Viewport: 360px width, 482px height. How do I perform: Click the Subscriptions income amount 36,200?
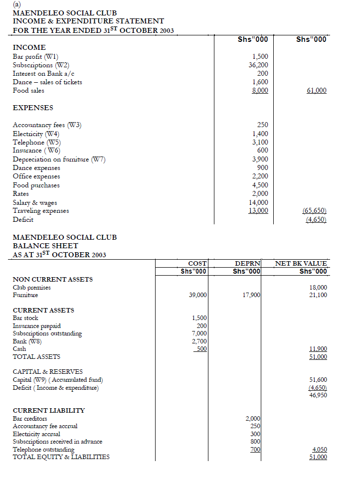[x=258, y=65]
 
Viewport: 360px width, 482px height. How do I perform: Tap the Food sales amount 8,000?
[x=259, y=91]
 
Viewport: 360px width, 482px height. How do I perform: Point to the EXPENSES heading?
[x=33, y=108]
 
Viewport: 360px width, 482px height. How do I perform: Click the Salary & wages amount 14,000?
[x=258, y=202]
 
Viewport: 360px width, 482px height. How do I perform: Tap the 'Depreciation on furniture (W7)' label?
[x=59, y=160]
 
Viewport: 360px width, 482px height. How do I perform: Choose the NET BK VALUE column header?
[x=301, y=263]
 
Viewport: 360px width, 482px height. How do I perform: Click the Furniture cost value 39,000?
[x=198, y=296]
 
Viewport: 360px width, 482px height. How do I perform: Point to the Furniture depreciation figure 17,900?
[x=251, y=296]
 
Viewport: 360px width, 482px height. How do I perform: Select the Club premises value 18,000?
[x=318, y=288]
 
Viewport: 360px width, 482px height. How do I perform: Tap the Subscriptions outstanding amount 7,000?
[x=199, y=333]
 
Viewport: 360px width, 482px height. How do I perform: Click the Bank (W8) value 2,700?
[x=199, y=341]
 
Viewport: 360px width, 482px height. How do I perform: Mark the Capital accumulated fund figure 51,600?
[x=318, y=380]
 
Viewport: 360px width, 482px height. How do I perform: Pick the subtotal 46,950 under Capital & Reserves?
[x=318, y=395]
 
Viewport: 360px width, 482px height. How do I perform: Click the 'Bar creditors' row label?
[x=30, y=419]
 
